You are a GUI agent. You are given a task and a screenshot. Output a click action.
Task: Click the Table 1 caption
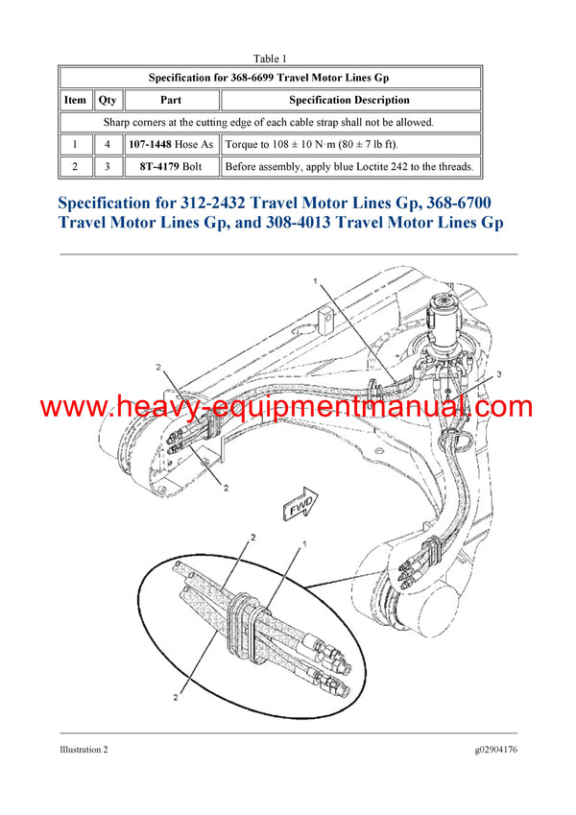[x=271, y=59]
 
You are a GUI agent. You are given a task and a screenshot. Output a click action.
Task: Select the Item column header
[x=75, y=100]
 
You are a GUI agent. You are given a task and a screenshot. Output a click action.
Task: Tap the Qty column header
[x=108, y=100]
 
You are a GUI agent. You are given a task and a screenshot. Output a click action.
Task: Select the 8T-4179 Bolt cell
[x=171, y=167]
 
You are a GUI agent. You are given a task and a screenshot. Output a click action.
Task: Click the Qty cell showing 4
[x=108, y=144]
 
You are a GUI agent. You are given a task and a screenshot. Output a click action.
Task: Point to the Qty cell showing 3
[x=108, y=167]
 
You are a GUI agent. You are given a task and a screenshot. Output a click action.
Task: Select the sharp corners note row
[x=269, y=122]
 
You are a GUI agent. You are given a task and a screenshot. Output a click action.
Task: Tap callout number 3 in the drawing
[x=498, y=372]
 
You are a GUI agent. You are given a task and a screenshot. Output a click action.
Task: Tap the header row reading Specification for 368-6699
[x=269, y=77]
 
